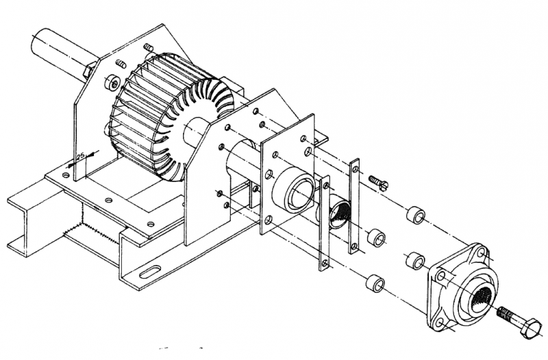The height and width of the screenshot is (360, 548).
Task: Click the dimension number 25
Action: pyautogui.click(x=81, y=157)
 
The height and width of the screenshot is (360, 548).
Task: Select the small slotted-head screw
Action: pyautogui.click(x=379, y=181)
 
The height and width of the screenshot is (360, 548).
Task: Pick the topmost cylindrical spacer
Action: pyautogui.click(x=416, y=215)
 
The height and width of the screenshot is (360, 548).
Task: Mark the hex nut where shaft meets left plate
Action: pyautogui.click(x=89, y=70)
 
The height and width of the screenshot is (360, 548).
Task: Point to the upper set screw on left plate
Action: pyautogui.click(x=147, y=47)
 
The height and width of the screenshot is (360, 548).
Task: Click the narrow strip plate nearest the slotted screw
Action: pyautogui.click(x=354, y=205)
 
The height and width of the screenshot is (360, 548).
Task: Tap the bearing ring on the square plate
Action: pyautogui.click(x=295, y=196)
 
